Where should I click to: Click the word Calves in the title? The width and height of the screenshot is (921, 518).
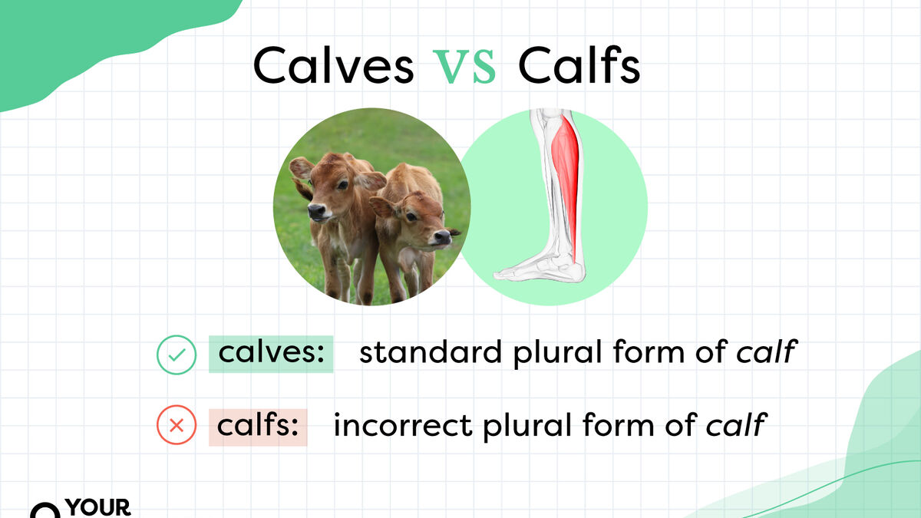(x=333, y=65)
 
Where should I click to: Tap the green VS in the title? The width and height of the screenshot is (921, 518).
(x=464, y=67)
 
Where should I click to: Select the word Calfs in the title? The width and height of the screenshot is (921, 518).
(x=579, y=64)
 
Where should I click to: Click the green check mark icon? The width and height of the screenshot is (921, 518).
(x=177, y=355)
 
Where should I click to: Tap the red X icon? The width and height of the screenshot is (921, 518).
(x=177, y=424)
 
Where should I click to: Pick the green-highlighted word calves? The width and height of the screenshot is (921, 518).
(x=271, y=353)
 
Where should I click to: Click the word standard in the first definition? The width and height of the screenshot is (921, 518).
(x=431, y=352)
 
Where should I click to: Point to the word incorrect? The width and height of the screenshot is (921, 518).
(x=402, y=425)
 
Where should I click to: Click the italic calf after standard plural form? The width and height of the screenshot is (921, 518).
(x=767, y=351)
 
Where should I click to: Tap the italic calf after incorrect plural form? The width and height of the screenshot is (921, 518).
(x=736, y=424)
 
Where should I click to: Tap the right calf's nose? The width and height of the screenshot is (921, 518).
(x=442, y=237)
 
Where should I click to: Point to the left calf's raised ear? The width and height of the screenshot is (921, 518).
(x=302, y=167)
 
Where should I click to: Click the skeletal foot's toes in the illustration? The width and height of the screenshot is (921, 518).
(x=507, y=274)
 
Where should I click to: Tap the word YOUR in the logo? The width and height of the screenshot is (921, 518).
(x=98, y=508)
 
